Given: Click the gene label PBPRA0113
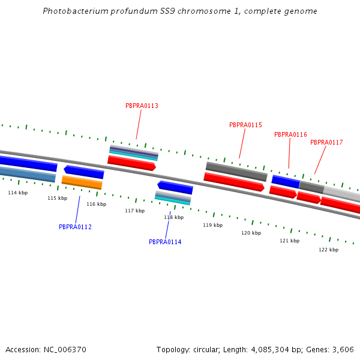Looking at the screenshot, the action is [142, 106].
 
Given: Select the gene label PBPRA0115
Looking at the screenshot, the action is [245, 125].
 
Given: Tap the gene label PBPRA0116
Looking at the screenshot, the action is [290, 134].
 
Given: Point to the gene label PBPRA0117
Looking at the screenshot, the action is [326, 142].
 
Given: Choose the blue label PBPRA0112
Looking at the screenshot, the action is [75, 227].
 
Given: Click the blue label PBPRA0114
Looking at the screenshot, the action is [165, 242].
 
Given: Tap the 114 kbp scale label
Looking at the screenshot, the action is [17, 193].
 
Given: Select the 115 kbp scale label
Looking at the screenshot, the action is [57, 198].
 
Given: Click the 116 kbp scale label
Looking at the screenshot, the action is [96, 204].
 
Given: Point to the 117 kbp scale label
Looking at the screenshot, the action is [134, 211].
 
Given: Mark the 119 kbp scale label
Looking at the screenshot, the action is [212, 225].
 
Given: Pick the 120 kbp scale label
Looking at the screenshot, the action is [251, 233].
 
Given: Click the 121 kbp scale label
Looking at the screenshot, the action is [289, 241].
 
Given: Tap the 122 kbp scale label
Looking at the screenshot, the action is [328, 250].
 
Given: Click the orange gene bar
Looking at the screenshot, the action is [82, 182].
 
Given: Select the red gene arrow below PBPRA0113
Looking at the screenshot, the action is [131, 163].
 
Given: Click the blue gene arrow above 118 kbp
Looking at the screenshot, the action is [175, 187].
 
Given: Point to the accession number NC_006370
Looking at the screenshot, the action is [63, 349].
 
